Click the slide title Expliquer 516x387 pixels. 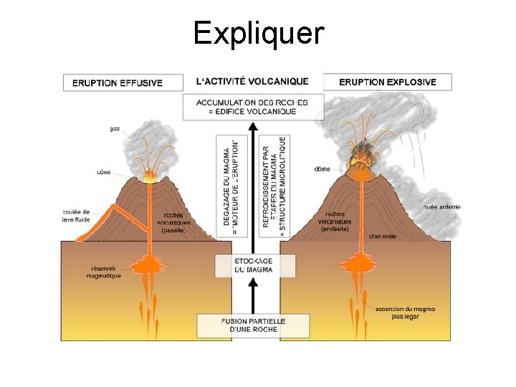[258, 34]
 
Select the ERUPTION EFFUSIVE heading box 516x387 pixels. [118, 82]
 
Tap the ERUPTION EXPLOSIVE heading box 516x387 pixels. [387, 82]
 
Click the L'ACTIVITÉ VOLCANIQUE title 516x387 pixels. [252, 82]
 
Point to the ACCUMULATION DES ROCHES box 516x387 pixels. [252, 107]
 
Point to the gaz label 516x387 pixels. [115, 129]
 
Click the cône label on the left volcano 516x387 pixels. [104, 172]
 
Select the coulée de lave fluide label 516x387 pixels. [76, 215]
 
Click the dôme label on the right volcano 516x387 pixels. [322, 169]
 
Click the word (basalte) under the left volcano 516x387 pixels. [173, 230]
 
